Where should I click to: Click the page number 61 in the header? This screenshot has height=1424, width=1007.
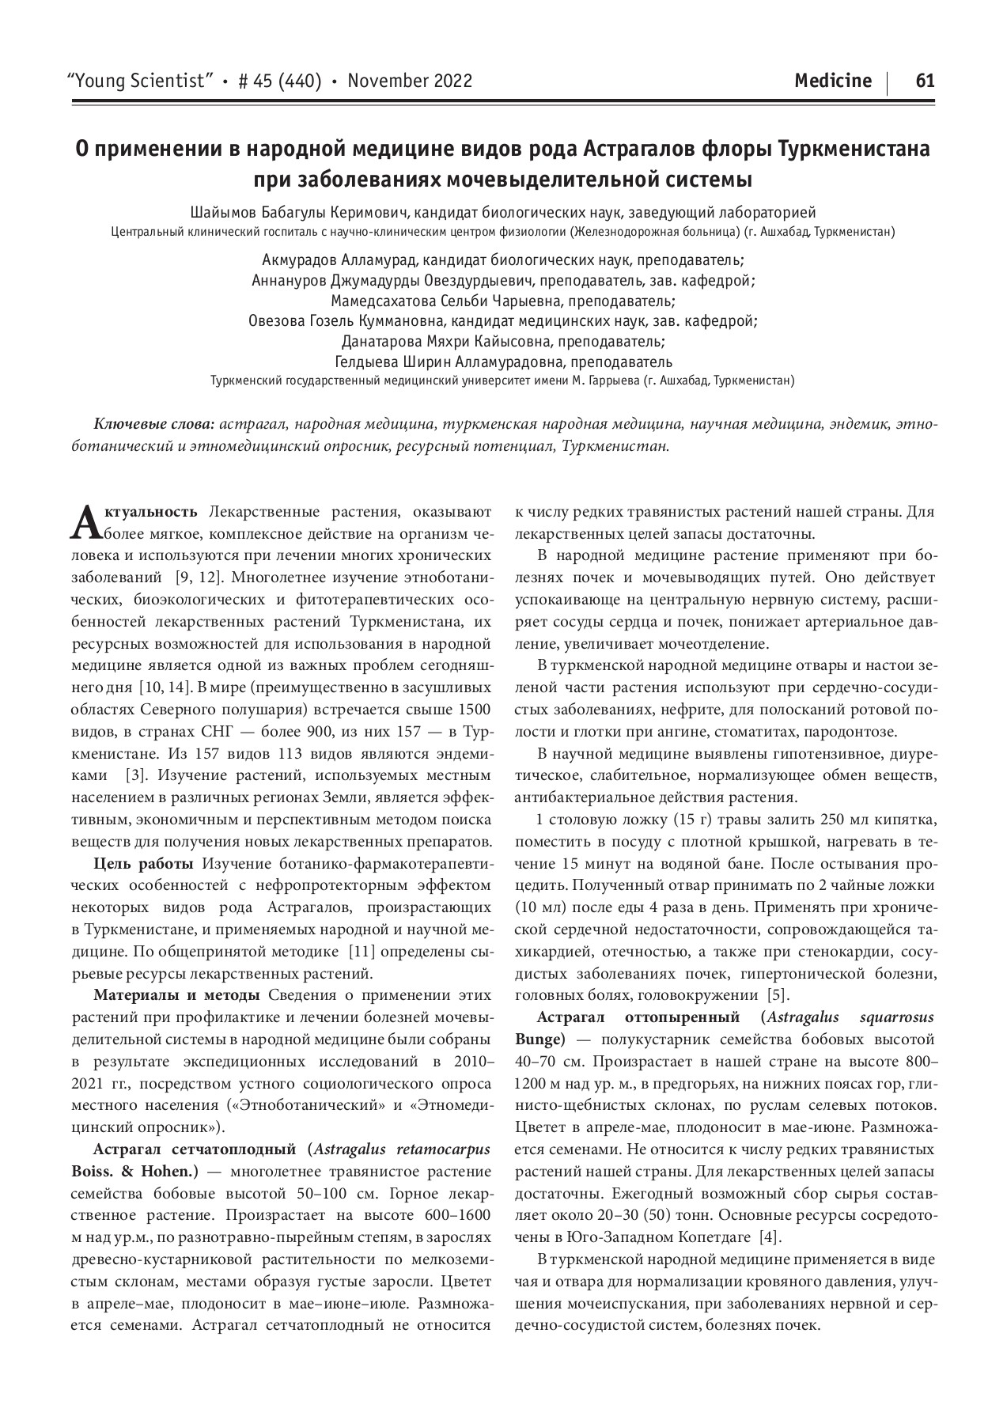pyautogui.click(x=925, y=81)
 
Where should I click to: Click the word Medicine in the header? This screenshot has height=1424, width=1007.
pyautogui.click(x=833, y=81)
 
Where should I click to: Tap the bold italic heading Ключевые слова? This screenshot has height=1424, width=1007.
pyautogui.click(x=154, y=425)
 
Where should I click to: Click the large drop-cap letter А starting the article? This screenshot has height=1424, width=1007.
pyautogui.click(x=85, y=521)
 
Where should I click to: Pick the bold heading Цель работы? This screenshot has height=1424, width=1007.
pyautogui.click(x=144, y=863)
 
